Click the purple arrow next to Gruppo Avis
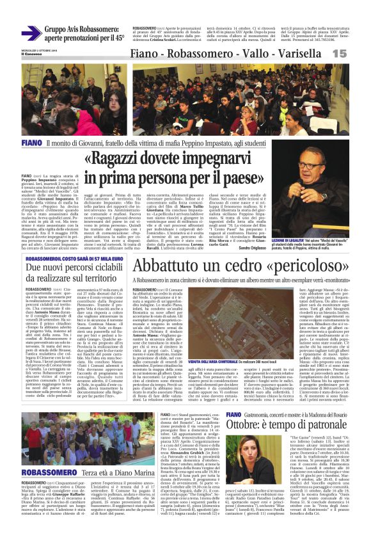(30, 33)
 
